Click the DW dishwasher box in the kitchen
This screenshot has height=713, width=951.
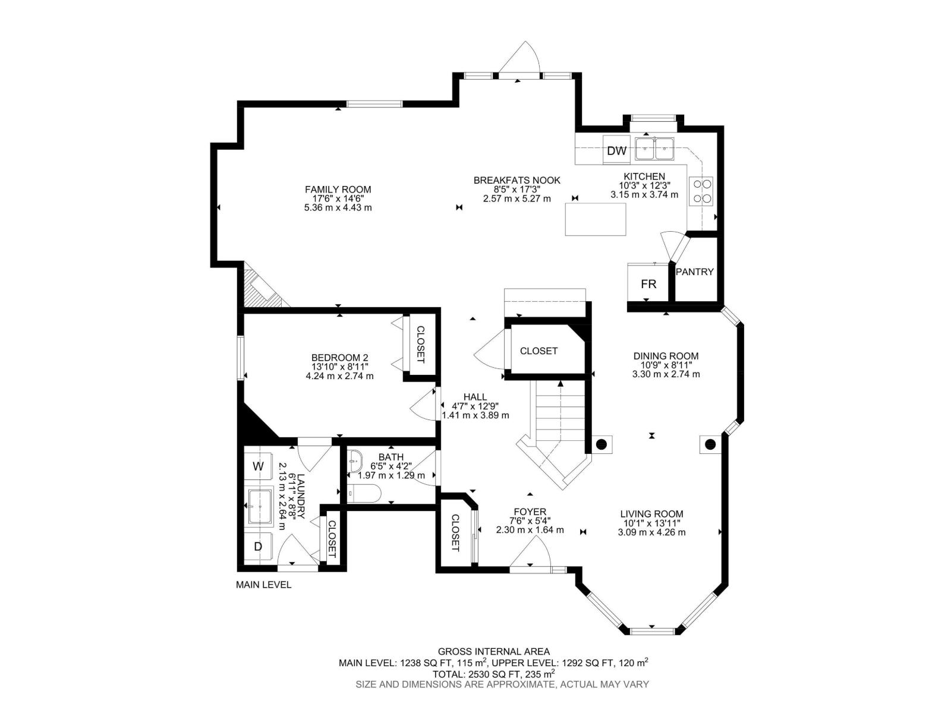tap(617, 151)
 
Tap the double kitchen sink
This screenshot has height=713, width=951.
tap(654, 149)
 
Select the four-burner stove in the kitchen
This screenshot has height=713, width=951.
tap(701, 191)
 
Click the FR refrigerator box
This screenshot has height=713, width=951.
tap(648, 284)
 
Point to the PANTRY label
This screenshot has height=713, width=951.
tap(694, 272)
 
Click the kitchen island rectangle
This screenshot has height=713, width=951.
tap(595, 219)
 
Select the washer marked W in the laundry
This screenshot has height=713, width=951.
tap(259, 466)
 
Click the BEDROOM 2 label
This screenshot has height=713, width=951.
tap(339, 358)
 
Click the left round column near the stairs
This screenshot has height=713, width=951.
tap(602, 444)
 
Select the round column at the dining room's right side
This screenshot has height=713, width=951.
tap(710, 444)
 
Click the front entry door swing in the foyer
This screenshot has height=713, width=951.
tap(531, 556)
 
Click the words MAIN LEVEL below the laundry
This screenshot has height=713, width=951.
tap(264, 585)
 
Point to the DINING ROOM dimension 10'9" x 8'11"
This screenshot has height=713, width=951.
tap(666, 365)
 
